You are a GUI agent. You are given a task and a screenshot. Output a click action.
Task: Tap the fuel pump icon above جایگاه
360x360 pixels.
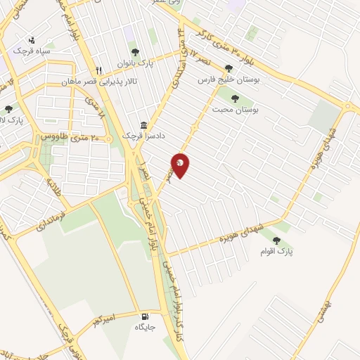click(145, 316)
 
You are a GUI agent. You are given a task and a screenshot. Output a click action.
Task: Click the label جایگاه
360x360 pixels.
click(145, 327)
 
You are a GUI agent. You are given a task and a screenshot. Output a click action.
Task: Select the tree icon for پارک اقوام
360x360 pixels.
click(285, 242)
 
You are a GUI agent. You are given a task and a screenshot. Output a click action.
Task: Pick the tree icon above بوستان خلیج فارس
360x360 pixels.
click(229, 69)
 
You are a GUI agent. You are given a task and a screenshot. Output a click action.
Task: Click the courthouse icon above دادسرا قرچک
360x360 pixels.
click(143, 124)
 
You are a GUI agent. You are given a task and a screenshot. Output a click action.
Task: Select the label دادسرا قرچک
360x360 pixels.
click(143, 134)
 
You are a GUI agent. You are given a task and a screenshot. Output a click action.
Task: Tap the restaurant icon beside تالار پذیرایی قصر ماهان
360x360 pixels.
click(99, 70)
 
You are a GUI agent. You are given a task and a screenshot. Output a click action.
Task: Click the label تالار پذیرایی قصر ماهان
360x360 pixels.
click(141, 70)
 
